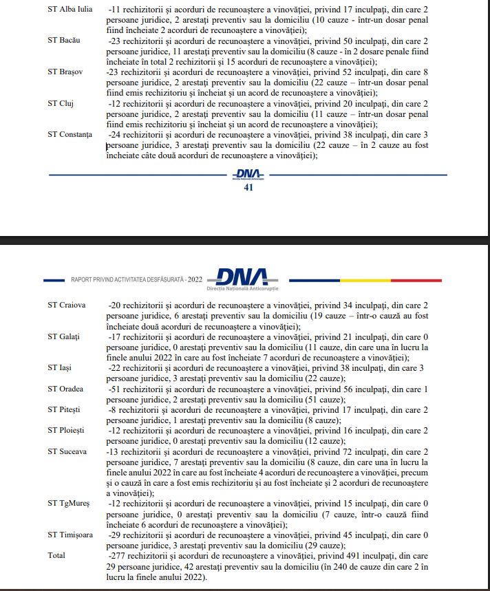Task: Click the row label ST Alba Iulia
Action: (70, 9)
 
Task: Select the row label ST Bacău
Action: (64, 40)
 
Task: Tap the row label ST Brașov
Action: (65, 72)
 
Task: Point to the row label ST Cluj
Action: (61, 103)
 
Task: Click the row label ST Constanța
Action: (70, 134)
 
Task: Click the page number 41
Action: (249, 188)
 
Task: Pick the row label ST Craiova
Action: (67, 305)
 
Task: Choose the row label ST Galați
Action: (64, 336)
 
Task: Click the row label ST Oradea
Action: (65, 389)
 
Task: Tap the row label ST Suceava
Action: (67, 452)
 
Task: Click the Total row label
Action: (56, 555)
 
